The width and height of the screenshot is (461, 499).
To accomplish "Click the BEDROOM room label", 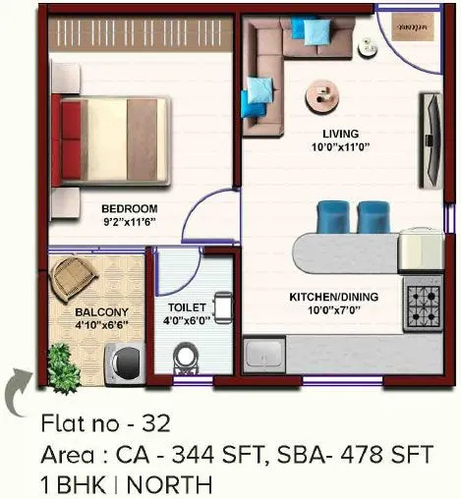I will (129, 208).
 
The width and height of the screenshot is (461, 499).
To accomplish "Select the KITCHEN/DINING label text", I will (333, 296).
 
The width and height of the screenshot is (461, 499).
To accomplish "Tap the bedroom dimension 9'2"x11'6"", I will (129, 222).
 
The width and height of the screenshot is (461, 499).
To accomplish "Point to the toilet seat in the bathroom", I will (184, 359).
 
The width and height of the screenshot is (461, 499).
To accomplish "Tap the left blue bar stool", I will (331, 215).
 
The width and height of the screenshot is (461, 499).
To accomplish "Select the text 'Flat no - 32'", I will (106, 424).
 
